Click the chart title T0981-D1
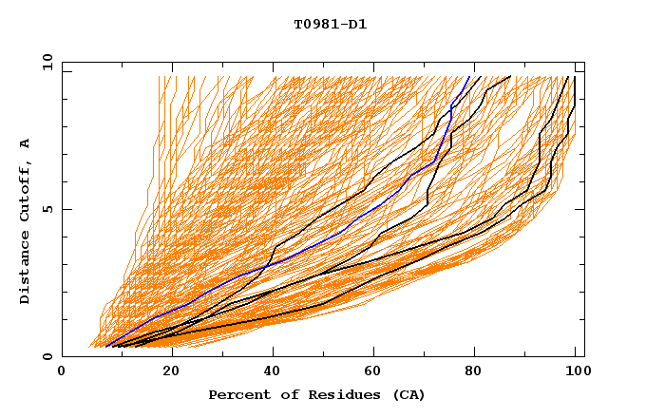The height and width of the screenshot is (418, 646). (x=330, y=25)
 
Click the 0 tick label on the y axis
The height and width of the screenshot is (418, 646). (x=47, y=356)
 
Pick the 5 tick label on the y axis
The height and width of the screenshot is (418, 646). (x=47, y=209)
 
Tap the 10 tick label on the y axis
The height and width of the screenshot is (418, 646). (x=45, y=62)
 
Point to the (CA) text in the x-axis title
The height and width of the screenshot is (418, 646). (x=406, y=394)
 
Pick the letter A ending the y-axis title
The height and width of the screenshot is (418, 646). (x=26, y=143)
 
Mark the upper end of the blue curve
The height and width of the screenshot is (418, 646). (x=469, y=77)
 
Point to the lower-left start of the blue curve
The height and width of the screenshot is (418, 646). (x=105, y=346)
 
